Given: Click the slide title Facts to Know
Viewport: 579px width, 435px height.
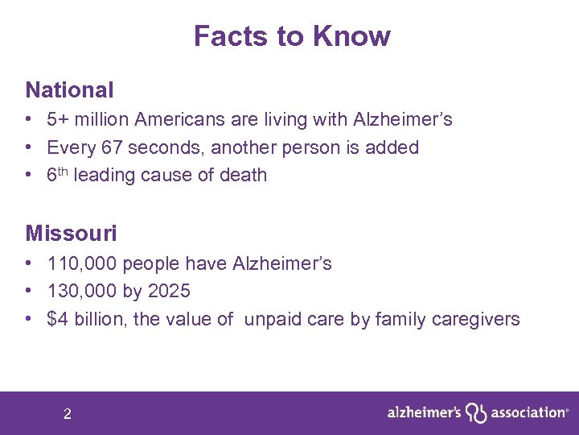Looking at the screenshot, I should [x=292, y=36].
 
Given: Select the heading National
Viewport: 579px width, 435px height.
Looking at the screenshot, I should [x=69, y=89].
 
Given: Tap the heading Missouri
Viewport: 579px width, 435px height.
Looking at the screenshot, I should [x=71, y=234].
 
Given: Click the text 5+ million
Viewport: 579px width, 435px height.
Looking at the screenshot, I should [x=88, y=120].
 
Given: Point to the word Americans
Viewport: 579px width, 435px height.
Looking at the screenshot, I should [x=177, y=120].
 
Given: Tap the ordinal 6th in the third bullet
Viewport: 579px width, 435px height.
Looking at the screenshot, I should [x=57, y=174].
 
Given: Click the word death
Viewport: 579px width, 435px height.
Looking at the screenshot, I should [x=242, y=175].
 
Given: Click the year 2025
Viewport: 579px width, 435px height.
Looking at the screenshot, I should [x=170, y=291].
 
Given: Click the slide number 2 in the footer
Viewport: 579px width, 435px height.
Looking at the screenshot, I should [x=68, y=414].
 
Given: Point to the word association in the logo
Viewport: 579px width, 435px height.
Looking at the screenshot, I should [x=528, y=412].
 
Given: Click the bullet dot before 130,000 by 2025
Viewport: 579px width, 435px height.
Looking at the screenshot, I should [x=28, y=291].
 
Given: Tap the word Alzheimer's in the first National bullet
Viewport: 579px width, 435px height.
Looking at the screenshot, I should [x=402, y=120].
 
